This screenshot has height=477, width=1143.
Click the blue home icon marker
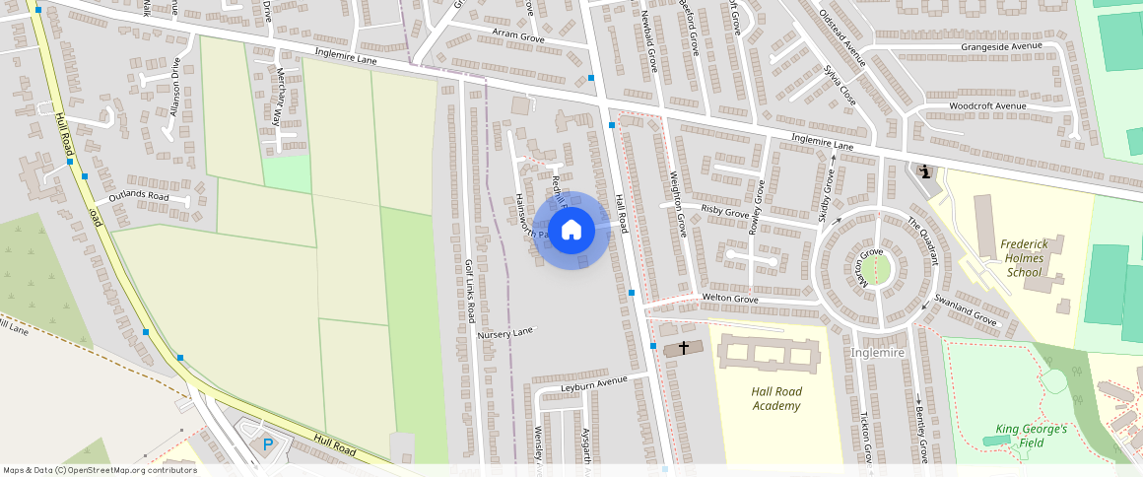(x=571, y=231)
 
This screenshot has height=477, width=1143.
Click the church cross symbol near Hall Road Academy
(x=683, y=349)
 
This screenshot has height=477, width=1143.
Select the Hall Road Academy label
(x=776, y=398)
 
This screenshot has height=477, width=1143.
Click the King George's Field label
(x=1031, y=435)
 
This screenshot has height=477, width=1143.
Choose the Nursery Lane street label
(x=504, y=333)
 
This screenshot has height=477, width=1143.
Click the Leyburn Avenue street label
(x=593, y=382)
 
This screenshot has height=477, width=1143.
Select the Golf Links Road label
(x=471, y=292)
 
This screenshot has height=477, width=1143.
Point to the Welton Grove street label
(x=729, y=299)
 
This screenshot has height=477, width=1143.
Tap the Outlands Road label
(x=140, y=196)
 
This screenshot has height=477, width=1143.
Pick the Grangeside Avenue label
(x=1002, y=46)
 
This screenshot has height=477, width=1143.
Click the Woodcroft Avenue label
(x=987, y=105)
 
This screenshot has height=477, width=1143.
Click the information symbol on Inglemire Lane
(x=925, y=171)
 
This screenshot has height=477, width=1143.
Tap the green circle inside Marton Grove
(x=876, y=269)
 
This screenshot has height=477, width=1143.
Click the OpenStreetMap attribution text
(x=100, y=470)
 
